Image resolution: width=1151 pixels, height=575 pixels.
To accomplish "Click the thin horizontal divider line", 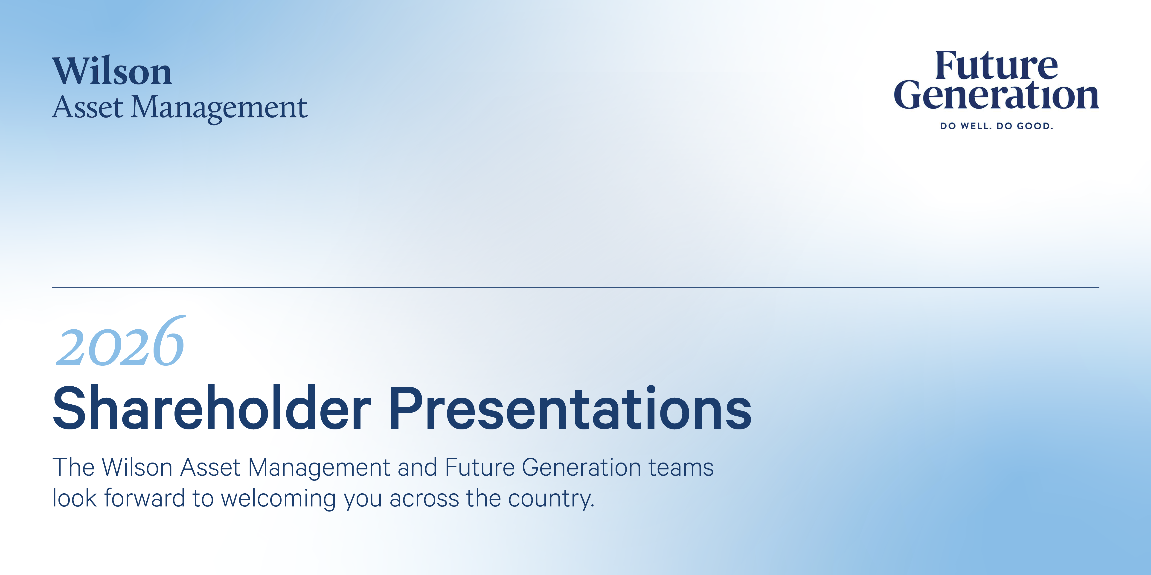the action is (x=575, y=287).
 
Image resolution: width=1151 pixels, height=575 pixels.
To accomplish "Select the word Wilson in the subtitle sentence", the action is (x=137, y=467).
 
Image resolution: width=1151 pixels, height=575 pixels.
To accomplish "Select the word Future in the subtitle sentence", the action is (x=480, y=467).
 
